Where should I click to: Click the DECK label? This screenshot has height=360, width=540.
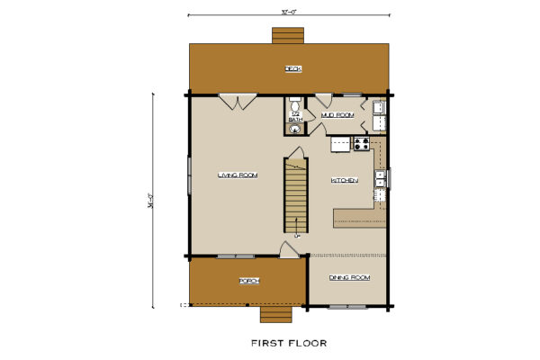pos(292,68)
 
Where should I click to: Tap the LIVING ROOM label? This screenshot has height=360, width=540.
pos(238,175)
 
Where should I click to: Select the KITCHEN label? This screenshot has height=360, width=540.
pos(345,181)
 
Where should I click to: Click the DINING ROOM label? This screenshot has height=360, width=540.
pos(348,277)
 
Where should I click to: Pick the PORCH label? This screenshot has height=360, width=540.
pos(249,282)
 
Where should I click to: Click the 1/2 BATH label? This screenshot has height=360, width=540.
pos(294,115)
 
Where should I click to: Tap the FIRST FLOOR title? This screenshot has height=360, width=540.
pos(288,343)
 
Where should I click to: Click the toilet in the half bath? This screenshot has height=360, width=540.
pos(293,103)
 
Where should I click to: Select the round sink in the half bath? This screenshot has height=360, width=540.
pos(293,128)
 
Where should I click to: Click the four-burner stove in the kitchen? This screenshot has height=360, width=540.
pos(362,142)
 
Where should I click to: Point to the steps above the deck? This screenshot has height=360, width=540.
pos(288,35)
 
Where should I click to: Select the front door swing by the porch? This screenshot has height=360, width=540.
pos(289,249)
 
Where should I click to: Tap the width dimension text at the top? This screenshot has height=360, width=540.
pos(288,12)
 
